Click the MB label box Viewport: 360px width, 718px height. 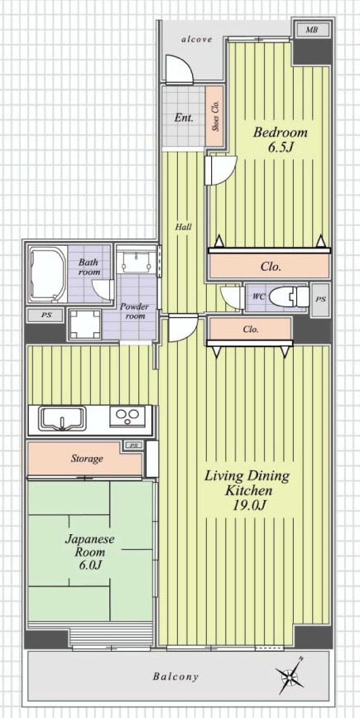[x=312, y=30]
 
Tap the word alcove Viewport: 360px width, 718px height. [x=197, y=40]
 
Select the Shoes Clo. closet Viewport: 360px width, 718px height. [x=214, y=116]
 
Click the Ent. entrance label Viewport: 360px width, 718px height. [x=184, y=118]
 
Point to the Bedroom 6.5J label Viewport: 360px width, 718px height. [x=280, y=140]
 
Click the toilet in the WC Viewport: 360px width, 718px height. [x=289, y=297]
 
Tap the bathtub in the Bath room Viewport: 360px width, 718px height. [x=47, y=275]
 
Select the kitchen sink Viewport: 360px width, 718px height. [x=63, y=418]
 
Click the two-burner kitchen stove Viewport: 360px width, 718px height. [x=127, y=416]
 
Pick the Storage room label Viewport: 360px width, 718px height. [x=86, y=458]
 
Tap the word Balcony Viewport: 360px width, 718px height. [x=175, y=677]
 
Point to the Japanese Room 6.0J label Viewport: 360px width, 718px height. [x=89, y=552]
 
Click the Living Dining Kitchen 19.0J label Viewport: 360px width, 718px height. [x=247, y=490]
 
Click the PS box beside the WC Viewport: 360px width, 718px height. [x=320, y=300]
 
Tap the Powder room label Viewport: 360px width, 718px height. [x=132, y=311]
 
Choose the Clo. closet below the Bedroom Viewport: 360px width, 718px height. [x=270, y=267]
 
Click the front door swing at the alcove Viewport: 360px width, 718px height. [x=179, y=70]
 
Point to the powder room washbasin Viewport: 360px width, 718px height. [x=137, y=262]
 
